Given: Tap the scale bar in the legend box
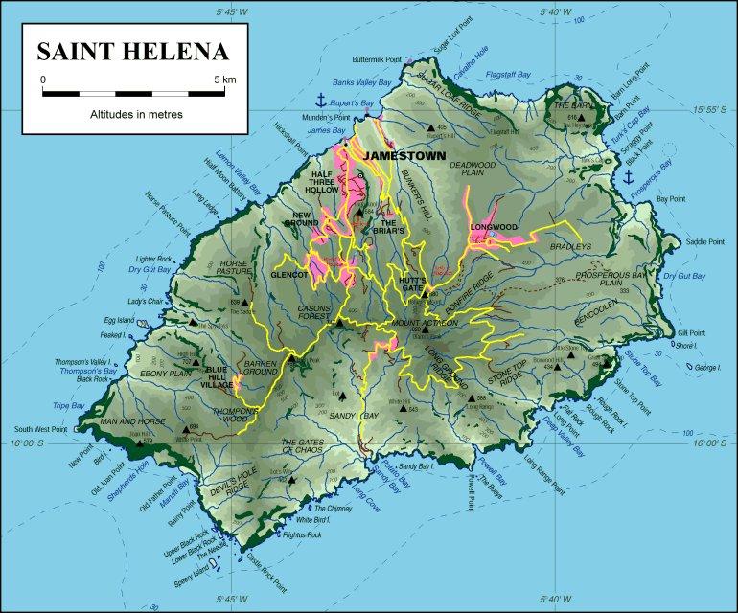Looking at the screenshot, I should pyautogui.click(x=133, y=93).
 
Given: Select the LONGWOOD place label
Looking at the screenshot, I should pyautogui.click(x=494, y=227).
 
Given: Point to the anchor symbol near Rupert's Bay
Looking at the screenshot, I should pyautogui.click(x=321, y=101).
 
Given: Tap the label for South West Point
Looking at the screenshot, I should pyautogui.click(x=34, y=429).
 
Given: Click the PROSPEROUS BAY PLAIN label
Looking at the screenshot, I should pyautogui.click(x=612, y=279).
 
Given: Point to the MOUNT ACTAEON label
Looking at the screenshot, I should pyautogui.click(x=421, y=324).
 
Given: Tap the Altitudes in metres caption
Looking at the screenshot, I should pyautogui.click(x=133, y=113).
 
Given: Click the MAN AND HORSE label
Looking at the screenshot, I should pyautogui.click(x=127, y=420).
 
